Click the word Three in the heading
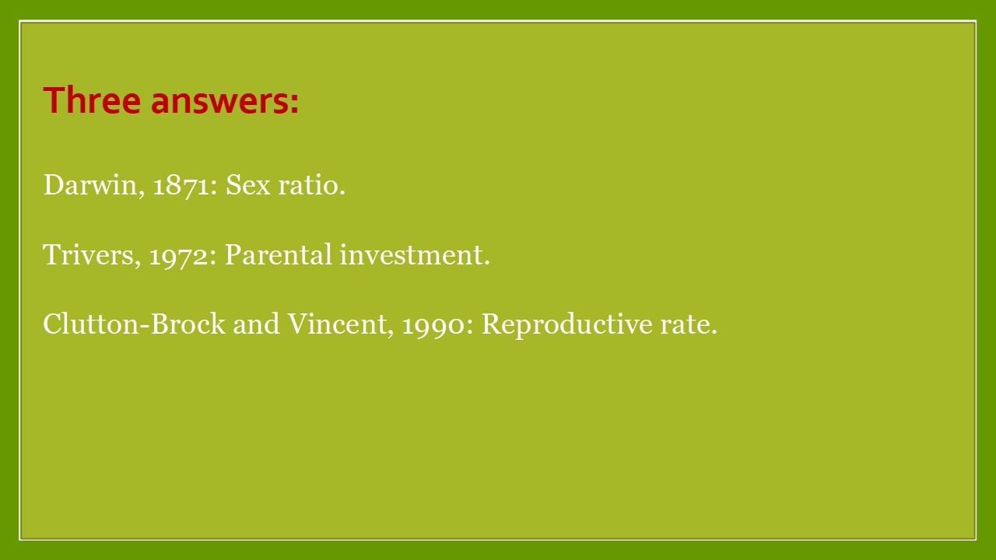92,100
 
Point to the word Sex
248,184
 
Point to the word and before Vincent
257,324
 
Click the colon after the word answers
294,104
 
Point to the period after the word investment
487,264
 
